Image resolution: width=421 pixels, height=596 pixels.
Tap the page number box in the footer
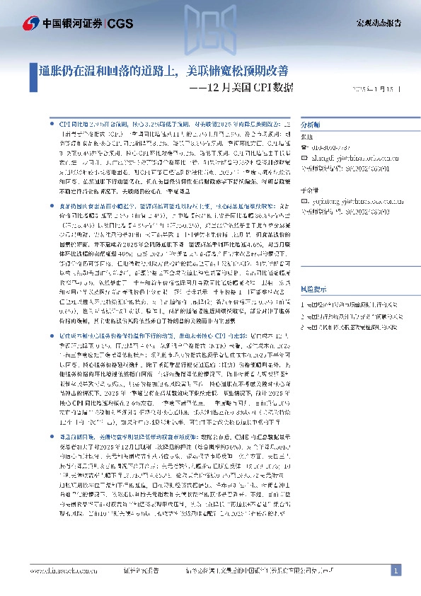[x=396, y=570]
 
